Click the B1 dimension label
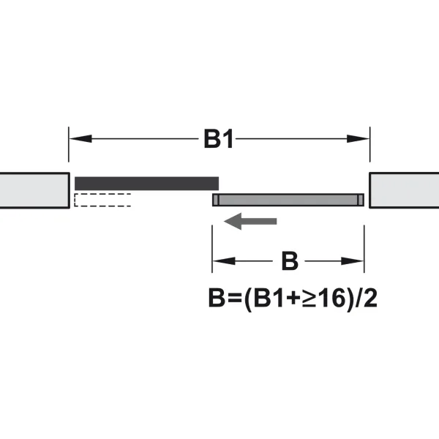(x=219, y=138)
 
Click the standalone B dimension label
(x=290, y=261)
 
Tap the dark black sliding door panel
(x=146, y=184)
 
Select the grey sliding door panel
(x=288, y=200)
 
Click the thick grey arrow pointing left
(x=250, y=221)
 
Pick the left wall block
(x=34, y=190)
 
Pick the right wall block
(x=404, y=190)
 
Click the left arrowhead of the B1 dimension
(x=80, y=138)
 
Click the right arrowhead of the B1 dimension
(x=358, y=138)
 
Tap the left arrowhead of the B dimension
(x=224, y=261)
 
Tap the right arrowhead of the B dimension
(x=352, y=261)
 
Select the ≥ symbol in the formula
(x=310, y=299)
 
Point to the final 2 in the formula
(x=370, y=298)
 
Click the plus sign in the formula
(x=294, y=299)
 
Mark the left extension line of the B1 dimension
(x=69, y=144)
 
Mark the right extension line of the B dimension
(x=364, y=249)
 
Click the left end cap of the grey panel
(x=216, y=200)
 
